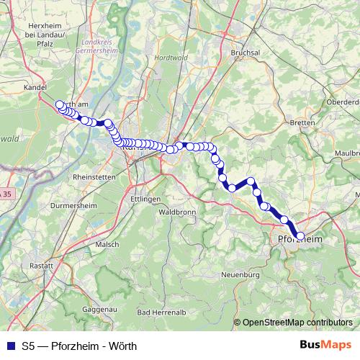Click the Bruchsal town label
click(x=244, y=53)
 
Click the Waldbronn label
click(x=176, y=212)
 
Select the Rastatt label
click(x=42, y=266)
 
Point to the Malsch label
click(x=107, y=244)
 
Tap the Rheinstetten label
click(x=94, y=176)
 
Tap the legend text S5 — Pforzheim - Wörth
click(x=79, y=346)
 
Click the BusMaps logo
click(x=325, y=345)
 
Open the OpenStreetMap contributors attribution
click(x=297, y=322)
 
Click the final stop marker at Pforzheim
click(x=301, y=235)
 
